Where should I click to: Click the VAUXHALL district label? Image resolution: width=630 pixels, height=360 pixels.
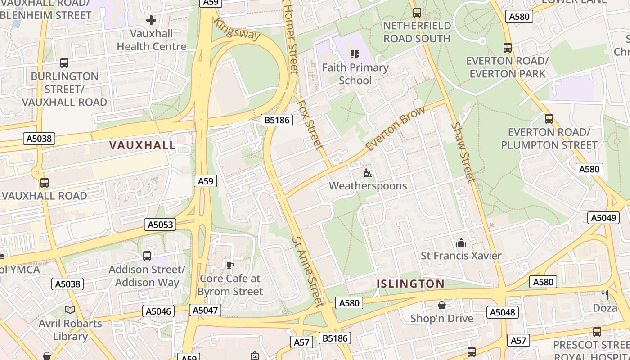coord(142,145)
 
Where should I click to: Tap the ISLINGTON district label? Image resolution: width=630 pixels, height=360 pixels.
coord(410,283)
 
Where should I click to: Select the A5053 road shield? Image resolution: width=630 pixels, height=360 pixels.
coord(160,225)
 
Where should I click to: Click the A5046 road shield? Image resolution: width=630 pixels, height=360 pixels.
coord(159,311)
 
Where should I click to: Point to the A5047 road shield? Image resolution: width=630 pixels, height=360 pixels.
coord(205,310)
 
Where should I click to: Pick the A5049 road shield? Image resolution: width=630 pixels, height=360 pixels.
coord(603,218)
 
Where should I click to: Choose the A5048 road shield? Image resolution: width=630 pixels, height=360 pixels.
coord(502,312)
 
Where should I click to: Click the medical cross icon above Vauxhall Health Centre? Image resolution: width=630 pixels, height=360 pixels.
coord(151,20)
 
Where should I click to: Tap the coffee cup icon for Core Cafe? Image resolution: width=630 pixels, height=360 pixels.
coord(229,265)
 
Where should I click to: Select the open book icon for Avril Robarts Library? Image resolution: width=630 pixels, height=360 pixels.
coord(70,310)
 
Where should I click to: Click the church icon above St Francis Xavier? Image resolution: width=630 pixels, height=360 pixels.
coord(461,243)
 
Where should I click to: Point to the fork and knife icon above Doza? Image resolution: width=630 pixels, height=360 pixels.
coord(605,295)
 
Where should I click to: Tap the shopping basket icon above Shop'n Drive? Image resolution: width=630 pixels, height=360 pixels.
coord(442,305)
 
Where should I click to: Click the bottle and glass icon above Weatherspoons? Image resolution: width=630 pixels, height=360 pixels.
coord(368,173)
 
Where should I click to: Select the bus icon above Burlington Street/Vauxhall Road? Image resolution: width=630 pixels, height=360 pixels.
coord(64,63)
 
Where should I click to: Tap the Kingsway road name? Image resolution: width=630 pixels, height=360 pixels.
coord(237,29)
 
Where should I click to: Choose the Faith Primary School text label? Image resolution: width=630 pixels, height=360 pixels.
coord(355,74)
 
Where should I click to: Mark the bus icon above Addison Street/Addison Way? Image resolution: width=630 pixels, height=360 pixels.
coord(147,256)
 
